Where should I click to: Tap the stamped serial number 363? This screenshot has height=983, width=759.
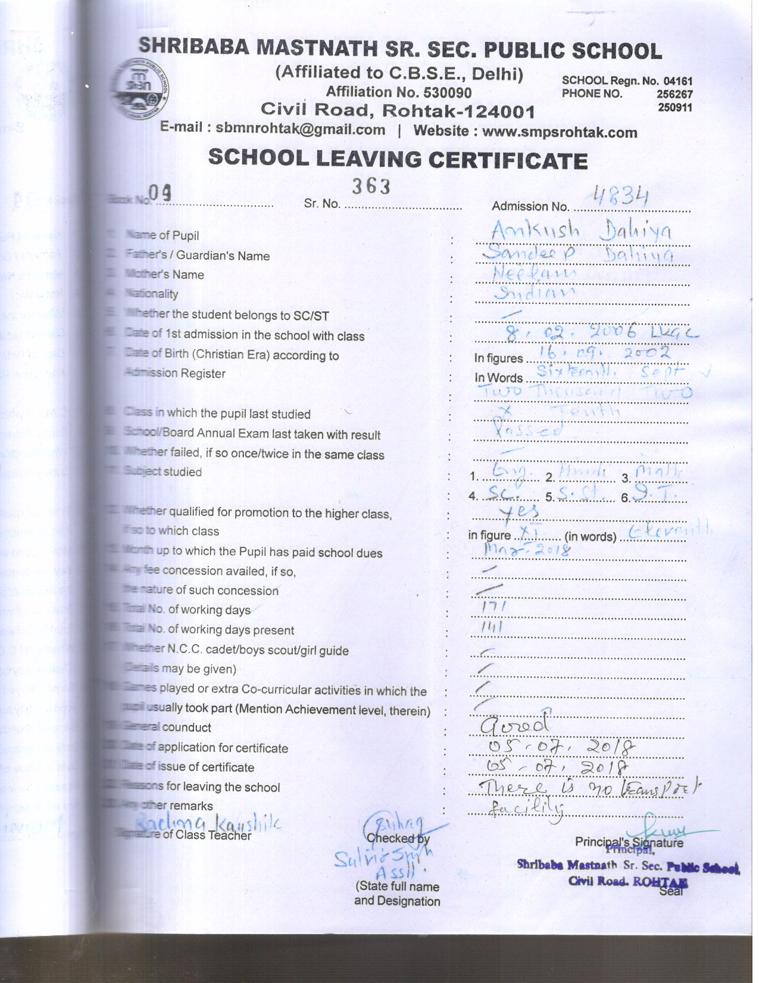370,187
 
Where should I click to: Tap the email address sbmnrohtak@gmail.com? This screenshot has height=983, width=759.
300,129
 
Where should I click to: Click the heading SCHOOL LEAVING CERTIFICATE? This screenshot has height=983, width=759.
398,159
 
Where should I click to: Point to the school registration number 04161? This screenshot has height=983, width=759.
678,81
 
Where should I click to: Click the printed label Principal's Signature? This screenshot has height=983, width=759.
629,842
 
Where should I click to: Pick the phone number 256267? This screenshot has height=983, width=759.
674,94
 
